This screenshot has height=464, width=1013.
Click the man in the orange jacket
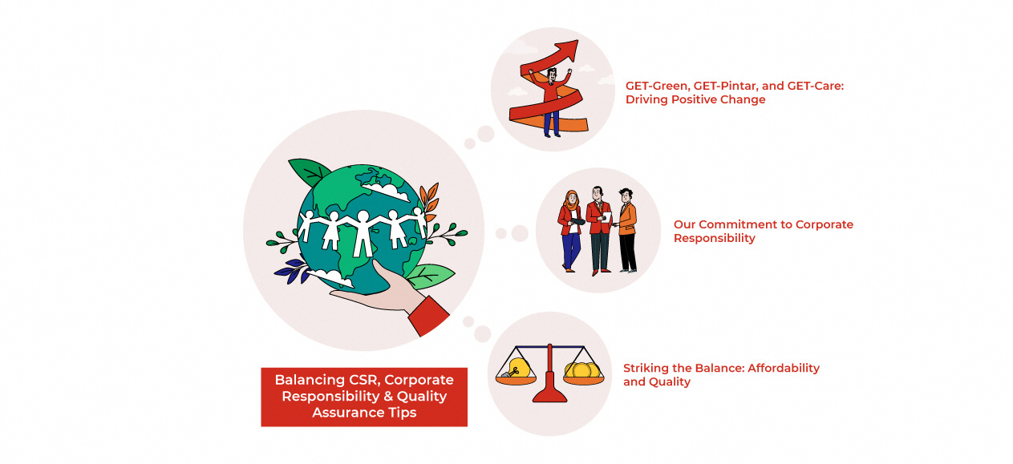(626, 229)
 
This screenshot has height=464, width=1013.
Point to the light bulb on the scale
(517, 368)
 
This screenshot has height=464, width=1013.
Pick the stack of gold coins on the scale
(582, 370)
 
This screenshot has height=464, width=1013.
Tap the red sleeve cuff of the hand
(429, 316)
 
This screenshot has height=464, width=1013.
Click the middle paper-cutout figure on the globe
(362, 232)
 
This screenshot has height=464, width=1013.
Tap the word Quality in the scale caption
(671, 382)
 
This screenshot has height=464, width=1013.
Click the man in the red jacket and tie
(598, 229)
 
